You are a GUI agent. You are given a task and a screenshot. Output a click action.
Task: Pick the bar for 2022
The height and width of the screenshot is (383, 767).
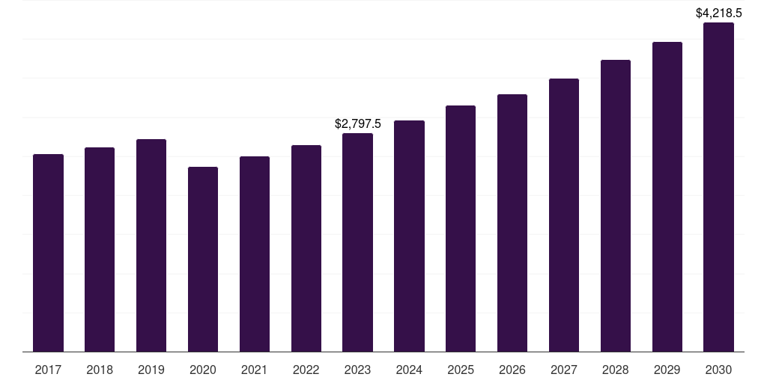click(306, 248)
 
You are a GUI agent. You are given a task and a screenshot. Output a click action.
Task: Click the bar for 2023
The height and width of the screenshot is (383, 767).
click(357, 242)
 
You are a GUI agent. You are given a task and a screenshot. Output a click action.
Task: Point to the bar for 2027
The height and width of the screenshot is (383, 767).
click(564, 215)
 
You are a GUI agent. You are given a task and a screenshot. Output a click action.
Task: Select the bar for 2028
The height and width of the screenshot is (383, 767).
click(616, 206)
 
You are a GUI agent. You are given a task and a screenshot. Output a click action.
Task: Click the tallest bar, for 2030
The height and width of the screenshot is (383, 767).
click(718, 187)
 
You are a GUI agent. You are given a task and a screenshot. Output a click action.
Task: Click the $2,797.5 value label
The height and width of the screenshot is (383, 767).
click(357, 123)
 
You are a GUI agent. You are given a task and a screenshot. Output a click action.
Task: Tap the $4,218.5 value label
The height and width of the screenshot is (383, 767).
click(718, 13)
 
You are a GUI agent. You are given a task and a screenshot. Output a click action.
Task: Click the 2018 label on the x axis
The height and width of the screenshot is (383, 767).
click(100, 370)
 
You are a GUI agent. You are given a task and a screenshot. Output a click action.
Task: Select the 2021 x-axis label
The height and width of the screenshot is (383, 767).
click(255, 370)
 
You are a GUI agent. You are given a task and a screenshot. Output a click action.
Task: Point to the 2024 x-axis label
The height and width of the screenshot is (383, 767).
click(409, 370)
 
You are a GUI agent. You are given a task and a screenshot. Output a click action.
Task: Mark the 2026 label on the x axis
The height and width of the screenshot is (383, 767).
click(512, 370)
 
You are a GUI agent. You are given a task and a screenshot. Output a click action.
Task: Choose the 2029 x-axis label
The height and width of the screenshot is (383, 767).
click(667, 370)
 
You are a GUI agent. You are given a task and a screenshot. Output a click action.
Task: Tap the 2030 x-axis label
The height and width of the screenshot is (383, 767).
click(718, 370)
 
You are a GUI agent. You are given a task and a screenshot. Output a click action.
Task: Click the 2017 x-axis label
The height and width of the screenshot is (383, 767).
click(48, 370)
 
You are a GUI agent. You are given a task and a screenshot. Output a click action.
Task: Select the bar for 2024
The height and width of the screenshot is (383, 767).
click(409, 236)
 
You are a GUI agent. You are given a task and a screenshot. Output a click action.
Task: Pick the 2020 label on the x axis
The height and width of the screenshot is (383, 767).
click(203, 370)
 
